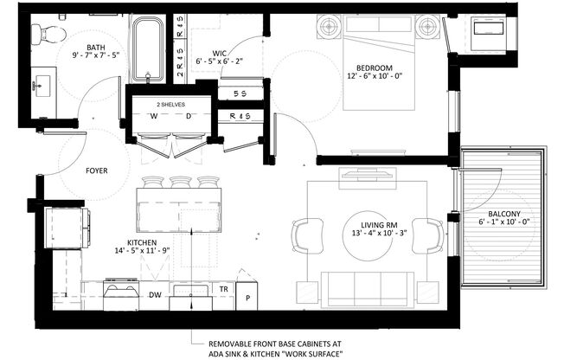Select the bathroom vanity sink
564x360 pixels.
click(x=41, y=87)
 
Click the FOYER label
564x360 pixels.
click(x=97, y=170)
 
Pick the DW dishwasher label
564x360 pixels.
click(x=155, y=295)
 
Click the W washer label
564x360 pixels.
click(x=153, y=115)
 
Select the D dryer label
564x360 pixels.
click(x=189, y=115)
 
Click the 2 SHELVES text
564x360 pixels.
click(x=170, y=103)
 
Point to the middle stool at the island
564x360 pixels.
click(x=181, y=183)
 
